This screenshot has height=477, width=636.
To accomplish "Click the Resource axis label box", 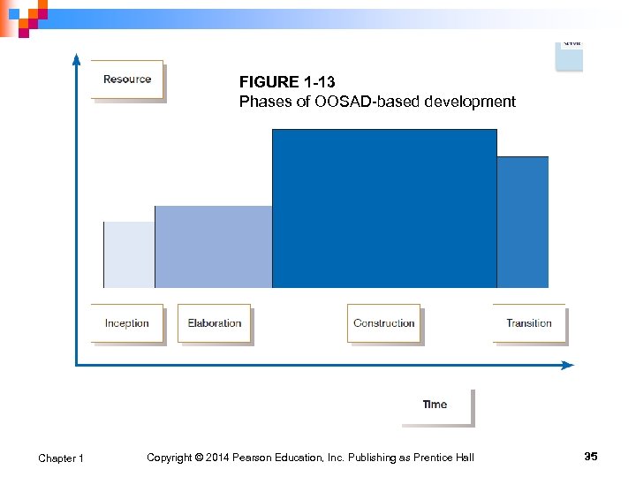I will click(x=127, y=79).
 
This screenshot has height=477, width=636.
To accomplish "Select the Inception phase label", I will click(x=127, y=323).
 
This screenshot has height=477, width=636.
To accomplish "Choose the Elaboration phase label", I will click(x=215, y=323).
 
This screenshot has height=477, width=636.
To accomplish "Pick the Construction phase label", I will click(x=384, y=323).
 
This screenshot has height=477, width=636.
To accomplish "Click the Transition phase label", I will click(x=529, y=323).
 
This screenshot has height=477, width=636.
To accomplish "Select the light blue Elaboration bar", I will click(x=213, y=247).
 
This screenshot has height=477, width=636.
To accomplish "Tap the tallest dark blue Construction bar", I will click(x=384, y=208).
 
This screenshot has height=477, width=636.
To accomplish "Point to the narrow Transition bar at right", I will click(x=522, y=222).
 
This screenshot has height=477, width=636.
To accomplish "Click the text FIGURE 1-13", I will click(x=287, y=82).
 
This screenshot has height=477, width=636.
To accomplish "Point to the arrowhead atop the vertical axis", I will click(x=76, y=59).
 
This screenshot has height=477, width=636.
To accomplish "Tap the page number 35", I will click(x=591, y=456).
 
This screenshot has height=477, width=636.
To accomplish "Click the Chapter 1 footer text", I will click(x=61, y=458).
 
